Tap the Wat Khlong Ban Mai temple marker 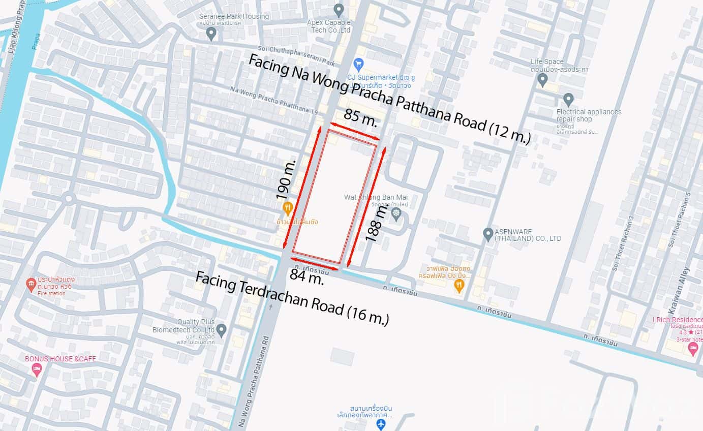(396, 213)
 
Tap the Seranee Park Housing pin (211, 34)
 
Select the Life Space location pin (542, 79)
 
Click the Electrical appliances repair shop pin (568, 99)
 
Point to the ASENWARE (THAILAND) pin (488, 234)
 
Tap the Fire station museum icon (32, 283)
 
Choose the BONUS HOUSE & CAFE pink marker (37, 370)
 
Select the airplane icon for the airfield (381, 424)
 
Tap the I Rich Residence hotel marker (693, 348)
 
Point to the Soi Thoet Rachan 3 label (623, 243)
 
